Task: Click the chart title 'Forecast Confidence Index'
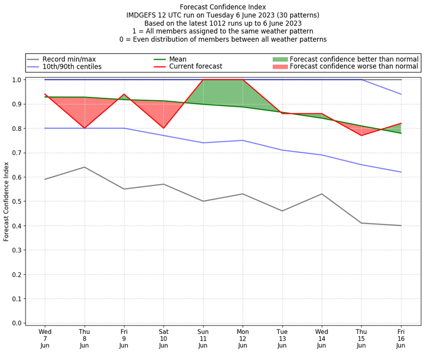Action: pyautogui.click(x=223, y=7)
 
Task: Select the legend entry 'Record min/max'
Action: pyautogui.click(x=69, y=59)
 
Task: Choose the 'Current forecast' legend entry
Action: pyautogui.click(x=195, y=67)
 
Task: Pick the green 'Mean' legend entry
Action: pyautogui.click(x=178, y=59)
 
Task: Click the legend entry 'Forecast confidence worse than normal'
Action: pyautogui.click(x=354, y=67)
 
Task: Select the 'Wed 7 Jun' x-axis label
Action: pyautogui.click(x=45, y=339)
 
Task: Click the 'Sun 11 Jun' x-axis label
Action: pyautogui.click(x=203, y=339)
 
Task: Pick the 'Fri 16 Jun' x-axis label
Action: pyautogui.click(x=401, y=339)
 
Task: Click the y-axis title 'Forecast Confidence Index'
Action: pyautogui.click(x=6, y=202)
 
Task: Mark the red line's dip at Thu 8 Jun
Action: pyautogui.click(x=84, y=128)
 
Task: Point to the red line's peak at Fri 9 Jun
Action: pyautogui.click(x=124, y=94)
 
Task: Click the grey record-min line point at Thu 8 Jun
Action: pyautogui.click(x=84, y=167)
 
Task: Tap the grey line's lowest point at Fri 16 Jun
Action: pyautogui.click(x=401, y=225)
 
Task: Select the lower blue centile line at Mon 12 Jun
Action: pyautogui.click(x=243, y=141)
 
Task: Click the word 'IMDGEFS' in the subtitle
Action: pyautogui.click(x=141, y=15)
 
